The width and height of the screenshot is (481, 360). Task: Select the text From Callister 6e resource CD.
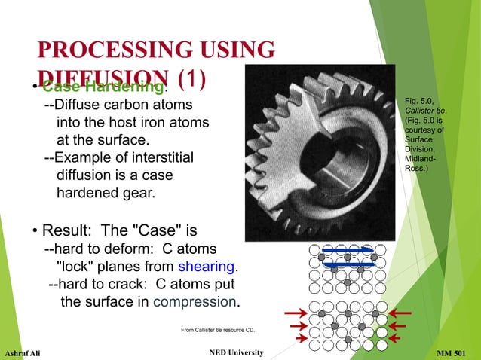(x=219, y=330)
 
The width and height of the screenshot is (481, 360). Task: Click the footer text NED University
(x=234, y=353)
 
